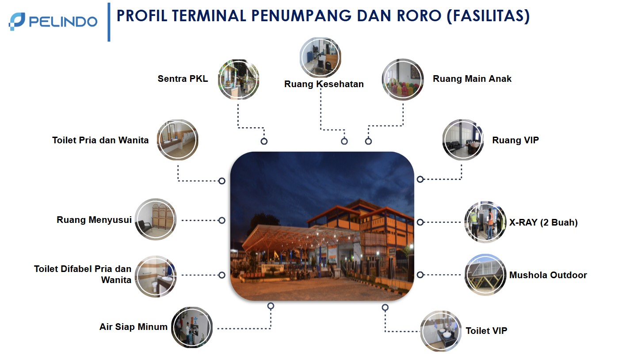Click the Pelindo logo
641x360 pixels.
tap(53, 21)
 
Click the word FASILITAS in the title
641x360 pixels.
tap(488, 16)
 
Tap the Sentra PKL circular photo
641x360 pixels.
tap(238, 79)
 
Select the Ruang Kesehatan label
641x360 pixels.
tap(324, 84)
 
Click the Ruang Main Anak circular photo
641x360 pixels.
tap(403, 80)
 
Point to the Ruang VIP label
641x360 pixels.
tap(515, 140)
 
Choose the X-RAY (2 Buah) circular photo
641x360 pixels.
tap(485, 222)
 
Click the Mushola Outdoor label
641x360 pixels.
tap(548, 275)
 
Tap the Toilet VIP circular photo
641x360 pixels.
tap(441, 331)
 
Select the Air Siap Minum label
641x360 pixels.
tap(134, 327)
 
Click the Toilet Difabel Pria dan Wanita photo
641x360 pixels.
tap(156, 276)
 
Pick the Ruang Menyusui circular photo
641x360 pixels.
tap(156, 219)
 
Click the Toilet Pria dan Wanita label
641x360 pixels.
tap(100, 140)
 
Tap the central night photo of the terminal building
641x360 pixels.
tap(322, 226)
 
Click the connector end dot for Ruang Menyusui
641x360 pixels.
tap(222, 220)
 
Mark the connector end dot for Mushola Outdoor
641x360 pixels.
tap(420, 275)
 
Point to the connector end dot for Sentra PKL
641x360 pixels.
tap(264, 142)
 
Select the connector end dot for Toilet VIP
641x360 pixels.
tap(385, 307)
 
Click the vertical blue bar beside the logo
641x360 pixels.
tap(109, 22)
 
